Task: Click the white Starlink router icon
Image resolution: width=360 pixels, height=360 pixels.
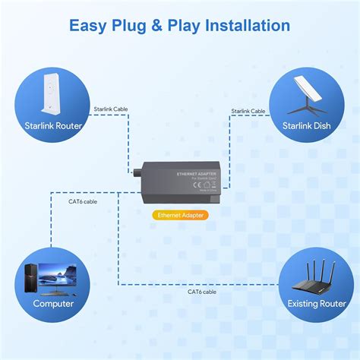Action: pos(52,92)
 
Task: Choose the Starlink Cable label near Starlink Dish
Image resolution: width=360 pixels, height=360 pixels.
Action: pos(248,111)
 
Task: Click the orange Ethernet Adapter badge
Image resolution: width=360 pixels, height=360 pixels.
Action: pos(179,215)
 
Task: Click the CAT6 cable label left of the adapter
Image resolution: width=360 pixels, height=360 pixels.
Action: pos(83,201)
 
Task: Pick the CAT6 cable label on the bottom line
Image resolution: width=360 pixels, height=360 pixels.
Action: pos(201,291)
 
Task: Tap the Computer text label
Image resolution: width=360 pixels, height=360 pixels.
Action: pos(52,303)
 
